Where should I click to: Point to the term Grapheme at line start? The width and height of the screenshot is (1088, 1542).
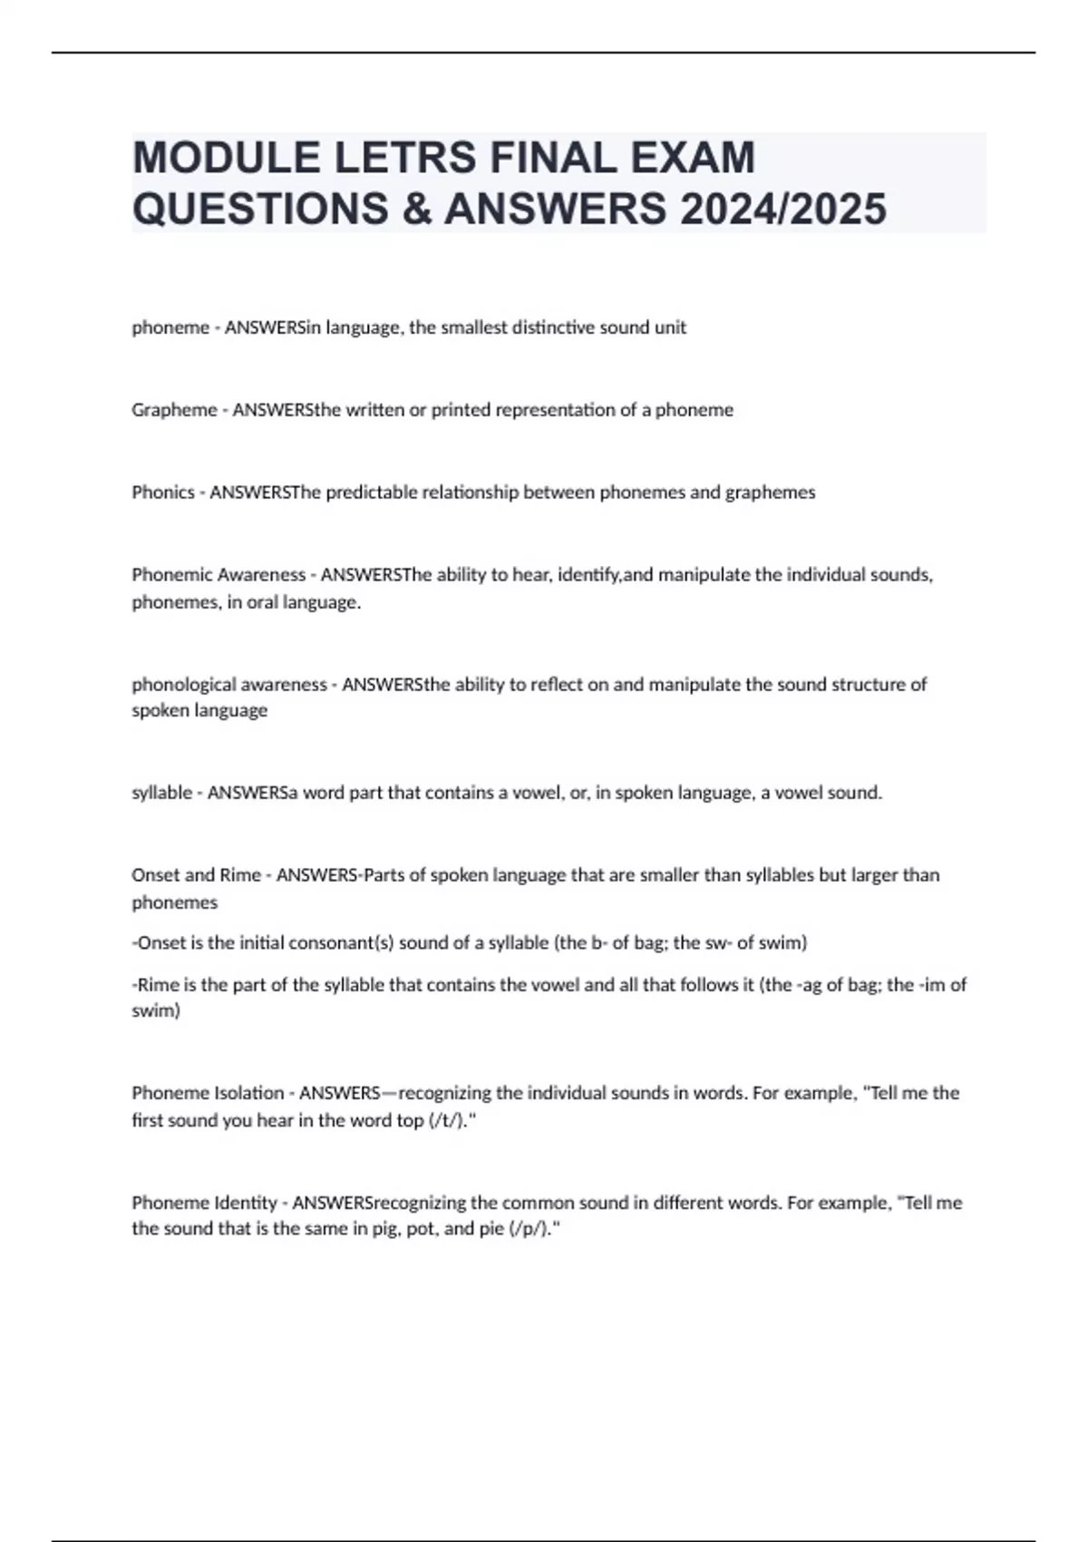pyautogui.click(x=174, y=410)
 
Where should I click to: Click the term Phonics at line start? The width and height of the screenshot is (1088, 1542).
pyautogui.click(x=163, y=493)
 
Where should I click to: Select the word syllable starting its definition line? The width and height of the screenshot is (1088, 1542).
pyautogui.click(x=161, y=793)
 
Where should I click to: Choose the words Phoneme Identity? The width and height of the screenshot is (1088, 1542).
pyautogui.click(x=204, y=1203)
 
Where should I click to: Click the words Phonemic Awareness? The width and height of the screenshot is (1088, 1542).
pyautogui.click(x=219, y=575)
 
